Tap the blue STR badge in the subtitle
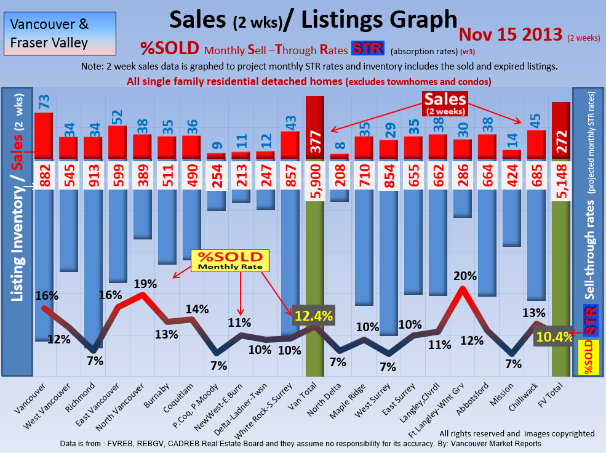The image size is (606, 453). (367, 48)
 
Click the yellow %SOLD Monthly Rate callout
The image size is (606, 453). (229, 261)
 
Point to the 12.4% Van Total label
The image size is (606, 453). (314, 316)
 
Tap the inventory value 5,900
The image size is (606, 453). (314, 176)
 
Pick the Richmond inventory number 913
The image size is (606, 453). (93, 175)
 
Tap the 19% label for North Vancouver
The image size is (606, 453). (146, 284)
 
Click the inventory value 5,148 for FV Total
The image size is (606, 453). (561, 176)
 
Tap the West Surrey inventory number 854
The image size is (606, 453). (389, 175)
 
